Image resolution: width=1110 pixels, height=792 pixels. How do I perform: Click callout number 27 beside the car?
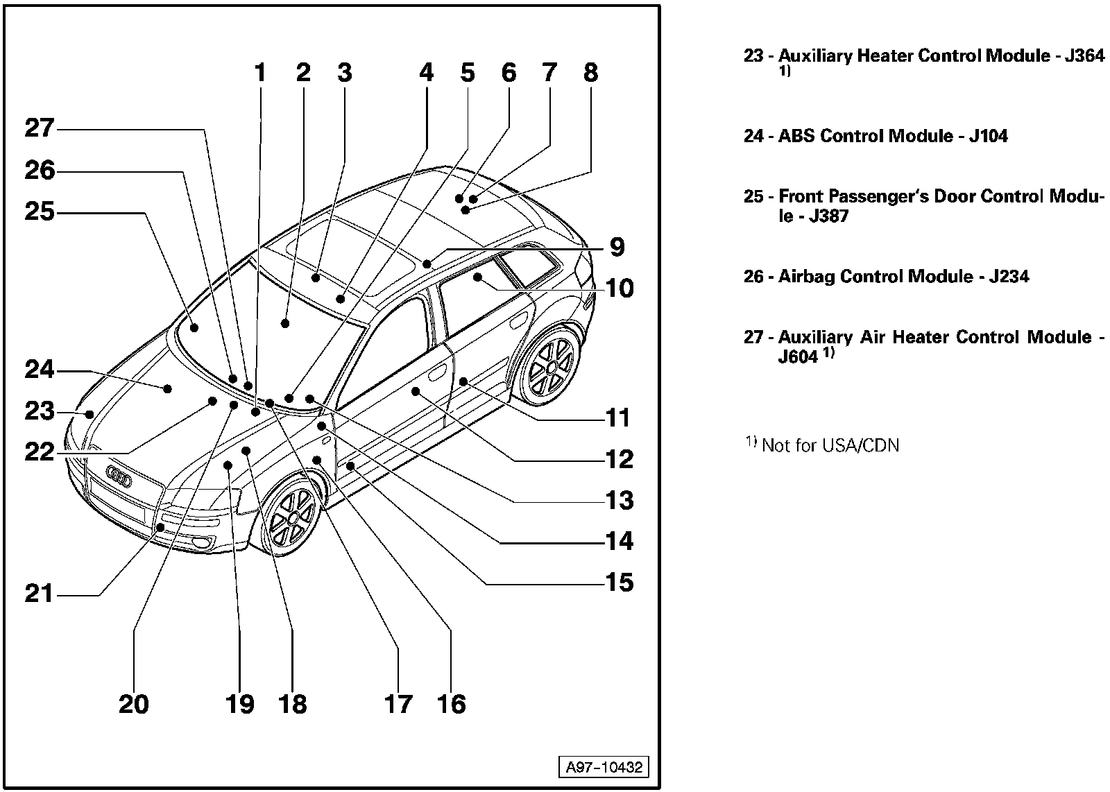tap(40, 128)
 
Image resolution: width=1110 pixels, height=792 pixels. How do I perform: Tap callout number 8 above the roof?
tap(590, 72)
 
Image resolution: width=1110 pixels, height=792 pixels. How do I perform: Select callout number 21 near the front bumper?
tap(40, 594)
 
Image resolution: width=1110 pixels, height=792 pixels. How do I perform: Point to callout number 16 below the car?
tap(452, 704)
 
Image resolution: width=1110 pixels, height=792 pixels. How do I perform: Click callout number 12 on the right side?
tap(619, 459)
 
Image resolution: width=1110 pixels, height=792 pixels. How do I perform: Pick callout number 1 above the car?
tap(260, 72)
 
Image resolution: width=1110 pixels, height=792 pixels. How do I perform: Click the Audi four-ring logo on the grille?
tap(119, 476)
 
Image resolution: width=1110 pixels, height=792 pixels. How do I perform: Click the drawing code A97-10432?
tap(604, 768)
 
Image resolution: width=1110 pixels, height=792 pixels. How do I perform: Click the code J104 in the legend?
tap(988, 136)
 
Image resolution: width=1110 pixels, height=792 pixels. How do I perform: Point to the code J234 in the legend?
tap(1009, 277)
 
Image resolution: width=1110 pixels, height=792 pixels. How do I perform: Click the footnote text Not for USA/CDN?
tap(830, 445)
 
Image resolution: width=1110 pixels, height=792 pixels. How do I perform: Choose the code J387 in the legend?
tap(830, 216)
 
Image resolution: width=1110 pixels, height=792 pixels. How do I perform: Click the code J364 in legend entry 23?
tap(1084, 55)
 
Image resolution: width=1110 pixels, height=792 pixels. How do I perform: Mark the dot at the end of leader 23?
tap(89, 415)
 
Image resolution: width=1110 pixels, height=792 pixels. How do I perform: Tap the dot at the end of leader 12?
tap(416, 392)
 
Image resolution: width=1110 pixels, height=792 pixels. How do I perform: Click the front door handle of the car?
tap(437, 375)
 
